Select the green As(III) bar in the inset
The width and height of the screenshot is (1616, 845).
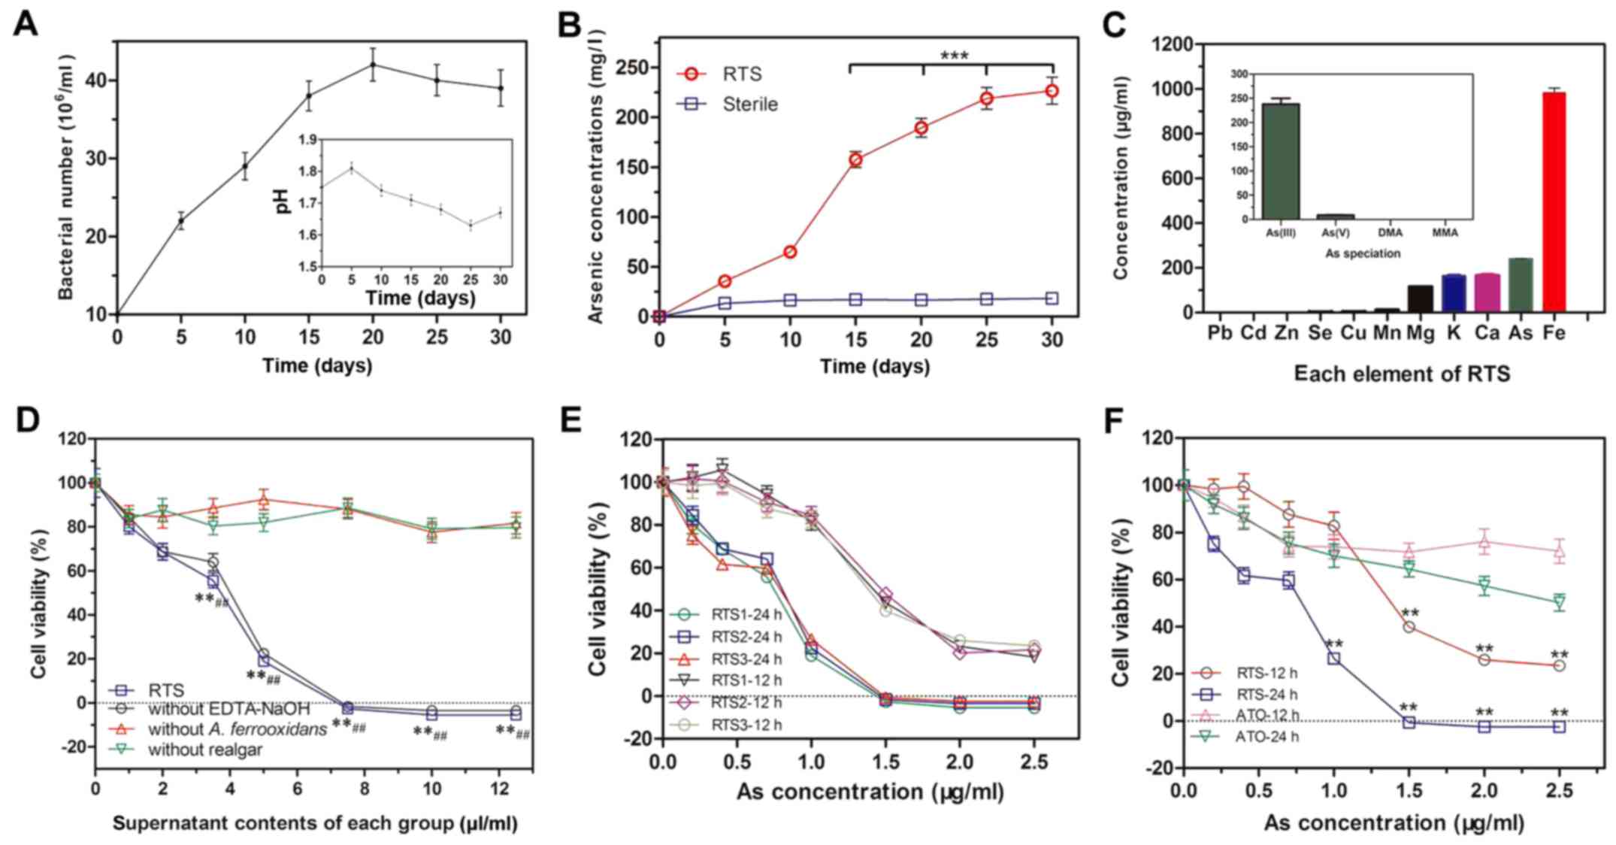tap(1281, 161)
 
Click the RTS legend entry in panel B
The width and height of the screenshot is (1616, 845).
tap(741, 74)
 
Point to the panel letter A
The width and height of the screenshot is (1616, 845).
tap(25, 24)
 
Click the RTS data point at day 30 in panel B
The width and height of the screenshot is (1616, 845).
tap(1052, 91)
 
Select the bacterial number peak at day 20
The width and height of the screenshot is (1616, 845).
tap(372, 65)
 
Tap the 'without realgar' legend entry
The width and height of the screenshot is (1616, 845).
tap(204, 749)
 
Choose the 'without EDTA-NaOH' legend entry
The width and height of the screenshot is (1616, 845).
tap(228, 708)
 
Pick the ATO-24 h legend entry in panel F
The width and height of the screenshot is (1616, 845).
tap(1266, 736)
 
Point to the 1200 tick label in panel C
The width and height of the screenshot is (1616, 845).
tap(1171, 44)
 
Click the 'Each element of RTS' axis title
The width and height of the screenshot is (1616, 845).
tap(1401, 374)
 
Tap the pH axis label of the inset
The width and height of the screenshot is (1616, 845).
tap(283, 202)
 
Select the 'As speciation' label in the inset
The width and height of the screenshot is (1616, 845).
tap(1362, 253)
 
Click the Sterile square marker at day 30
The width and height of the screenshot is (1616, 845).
tap(1052, 298)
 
